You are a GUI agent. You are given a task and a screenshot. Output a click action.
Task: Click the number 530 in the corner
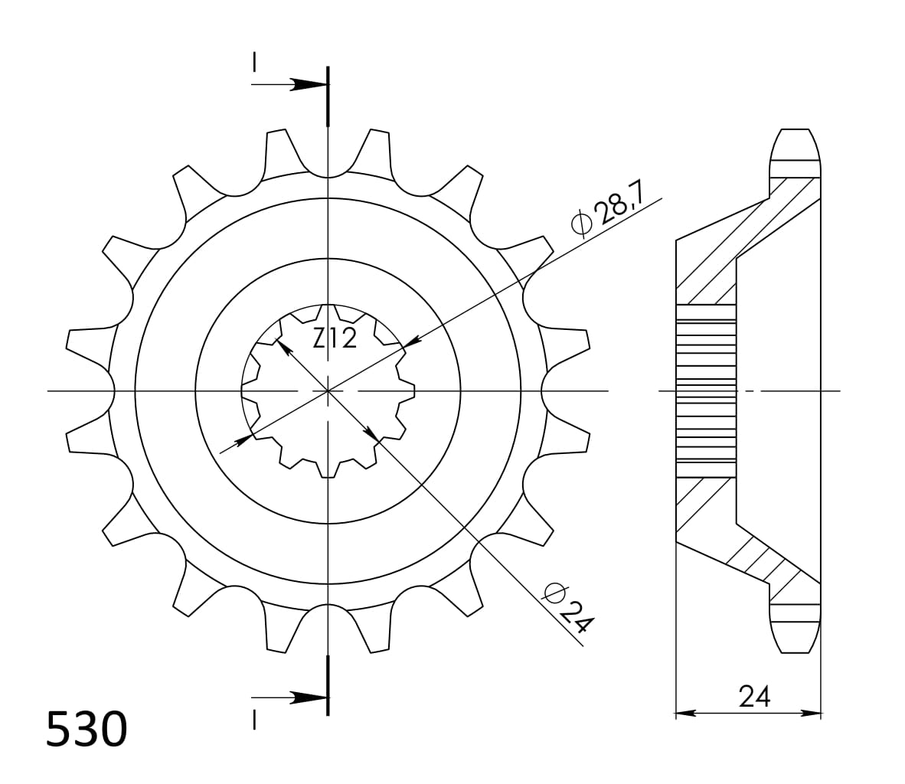86,730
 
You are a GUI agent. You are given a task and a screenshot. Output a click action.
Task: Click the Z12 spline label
335,337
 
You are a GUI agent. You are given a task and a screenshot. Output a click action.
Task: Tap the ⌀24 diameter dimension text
567,609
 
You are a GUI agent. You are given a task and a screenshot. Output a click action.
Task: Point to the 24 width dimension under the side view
754,696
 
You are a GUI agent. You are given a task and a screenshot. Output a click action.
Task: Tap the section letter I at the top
253,61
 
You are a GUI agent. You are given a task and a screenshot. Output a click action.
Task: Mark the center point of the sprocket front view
328,391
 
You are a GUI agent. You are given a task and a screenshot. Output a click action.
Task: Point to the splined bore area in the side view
705,390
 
